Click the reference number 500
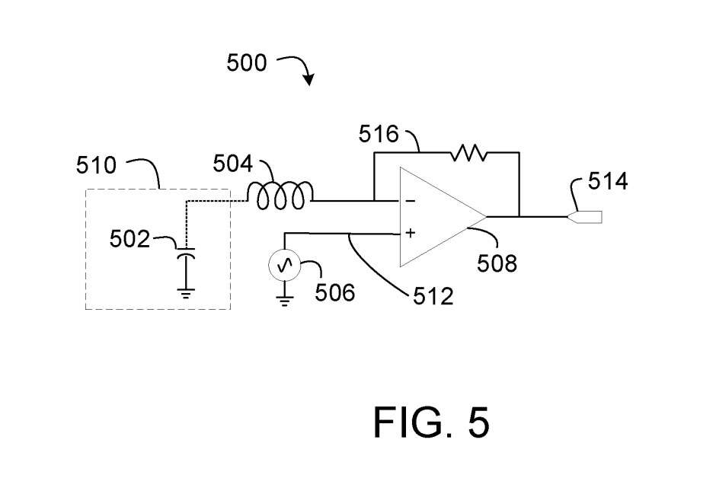coord(247,63)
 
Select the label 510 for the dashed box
coord(97,165)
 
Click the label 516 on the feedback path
coord(379,135)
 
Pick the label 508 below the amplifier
coord(497,264)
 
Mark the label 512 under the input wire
coord(433,295)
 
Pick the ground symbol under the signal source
coord(285,301)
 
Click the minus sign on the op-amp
coord(411,202)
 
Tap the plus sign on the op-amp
coord(411,233)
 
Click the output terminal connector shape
coord(587,217)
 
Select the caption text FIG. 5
coord(430,422)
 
